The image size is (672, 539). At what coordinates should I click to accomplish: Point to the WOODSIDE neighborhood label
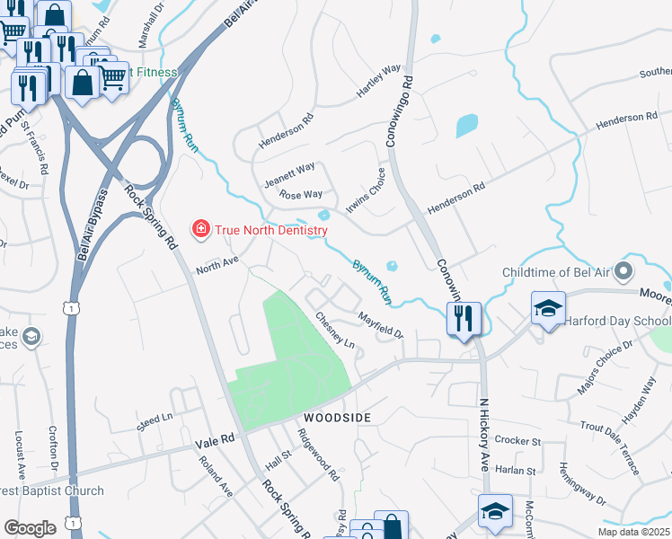click(x=337, y=419)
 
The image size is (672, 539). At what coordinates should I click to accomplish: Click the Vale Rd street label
click(x=215, y=441)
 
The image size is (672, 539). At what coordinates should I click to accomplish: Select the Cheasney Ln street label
click(x=335, y=331)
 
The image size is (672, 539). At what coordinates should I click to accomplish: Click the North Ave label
click(x=217, y=264)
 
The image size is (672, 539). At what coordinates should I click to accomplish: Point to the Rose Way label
click(x=300, y=194)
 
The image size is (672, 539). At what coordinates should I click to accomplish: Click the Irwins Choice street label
click(x=371, y=187)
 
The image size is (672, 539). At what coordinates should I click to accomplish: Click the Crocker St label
click(x=517, y=441)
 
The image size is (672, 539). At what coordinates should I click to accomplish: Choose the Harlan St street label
click(x=517, y=470)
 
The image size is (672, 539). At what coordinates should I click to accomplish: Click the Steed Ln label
click(x=155, y=419)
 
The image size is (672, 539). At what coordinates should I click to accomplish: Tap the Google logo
click(x=30, y=528)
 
